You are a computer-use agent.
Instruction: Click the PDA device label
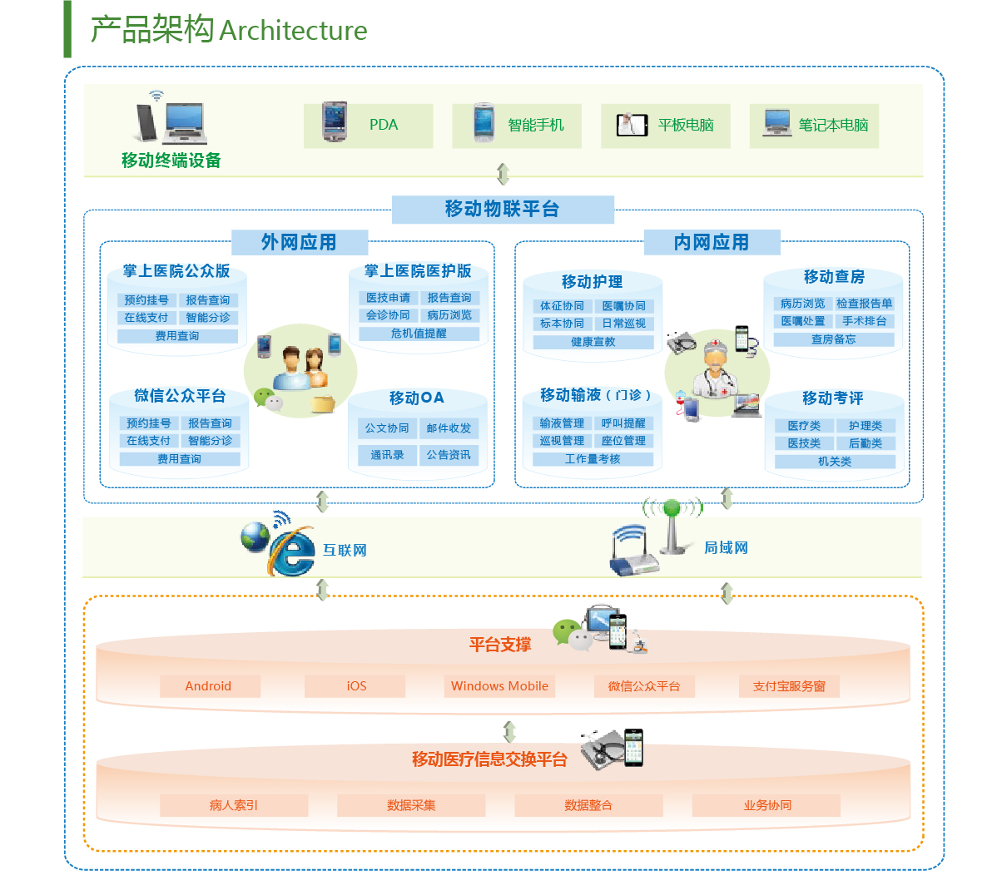[x=384, y=125]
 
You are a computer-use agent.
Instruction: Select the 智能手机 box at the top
[x=517, y=126]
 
